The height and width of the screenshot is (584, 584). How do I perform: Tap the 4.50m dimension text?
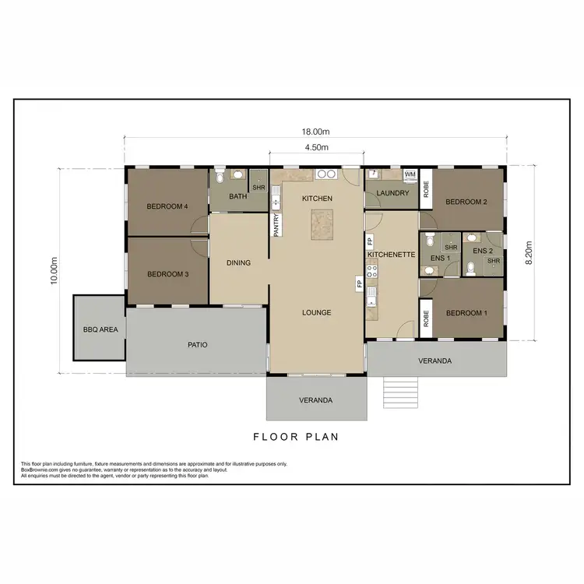tap(315, 146)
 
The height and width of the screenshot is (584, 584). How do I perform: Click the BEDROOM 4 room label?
tap(167, 206)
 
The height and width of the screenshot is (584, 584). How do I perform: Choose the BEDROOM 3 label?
tap(167, 274)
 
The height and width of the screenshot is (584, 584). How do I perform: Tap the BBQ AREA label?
tap(100, 329)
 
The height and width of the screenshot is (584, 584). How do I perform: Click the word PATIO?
tap(197, 344)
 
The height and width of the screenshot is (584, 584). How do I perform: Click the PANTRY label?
tap(276, 224)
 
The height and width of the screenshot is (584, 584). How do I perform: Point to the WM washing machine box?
tap(410, 174)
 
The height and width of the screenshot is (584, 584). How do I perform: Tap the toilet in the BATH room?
tap(220, 178)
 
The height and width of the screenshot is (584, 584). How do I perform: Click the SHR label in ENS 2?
tap(493, 261)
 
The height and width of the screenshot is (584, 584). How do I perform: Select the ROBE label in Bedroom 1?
tap(426, 318)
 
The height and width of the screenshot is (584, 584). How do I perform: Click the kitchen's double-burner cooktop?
tap(326, 174)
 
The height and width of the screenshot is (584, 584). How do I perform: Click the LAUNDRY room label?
tap(392, 193)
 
